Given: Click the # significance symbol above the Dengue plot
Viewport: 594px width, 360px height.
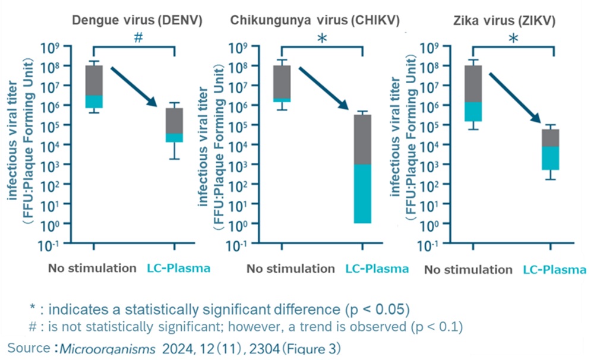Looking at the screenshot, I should click(x=138, y=37).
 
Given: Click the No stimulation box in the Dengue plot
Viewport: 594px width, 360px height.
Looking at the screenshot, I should click(x=94, y=87).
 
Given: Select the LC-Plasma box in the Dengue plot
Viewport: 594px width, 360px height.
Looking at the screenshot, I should click(x=174, y=125).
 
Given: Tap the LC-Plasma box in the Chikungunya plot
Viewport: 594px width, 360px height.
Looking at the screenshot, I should click(x=362, y=169).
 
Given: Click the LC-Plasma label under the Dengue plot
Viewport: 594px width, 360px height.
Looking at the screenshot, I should click(x=178, y=268).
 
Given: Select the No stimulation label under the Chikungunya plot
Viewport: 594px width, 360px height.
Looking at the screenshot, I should click(x=290, y=269).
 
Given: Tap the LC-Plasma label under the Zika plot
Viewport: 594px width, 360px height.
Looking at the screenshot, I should click(x=555, y=270).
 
